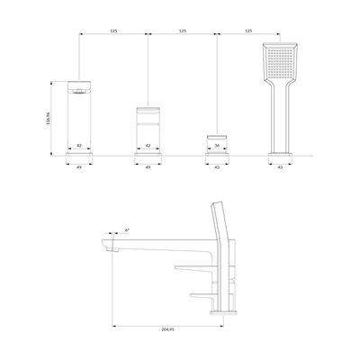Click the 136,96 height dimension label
pyautogui.click(x=48, y=119)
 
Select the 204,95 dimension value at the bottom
pyautogui.click(x=168, y=329)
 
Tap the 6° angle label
pyautogui.click(x=127, y=230)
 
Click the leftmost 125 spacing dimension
pyautogui.click(x=113, y=31)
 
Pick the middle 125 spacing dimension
pyautogui.click(x=183, y=31)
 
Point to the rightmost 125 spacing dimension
pyautogui.click(x=248, y=31)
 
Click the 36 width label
pyautogui.click(x=217, y=146)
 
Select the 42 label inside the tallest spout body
pyautogui.click(x=79, y=146)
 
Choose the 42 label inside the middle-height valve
pyautogui.click(x=148, y=146)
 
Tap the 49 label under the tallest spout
pyautogui.click(x=79, y=167)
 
